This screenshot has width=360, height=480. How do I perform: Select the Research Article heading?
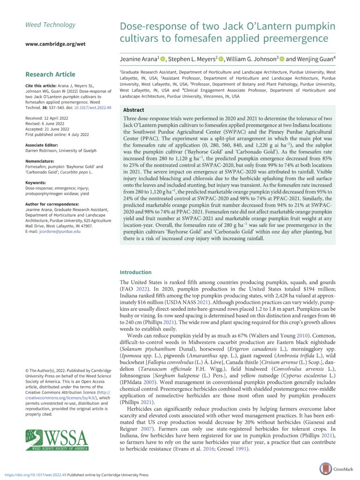pyautogui.click(x=50, y=74)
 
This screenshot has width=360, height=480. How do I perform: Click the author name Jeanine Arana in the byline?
pyautogui.click(x=140, y=59)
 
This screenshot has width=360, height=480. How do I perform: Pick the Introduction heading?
pyautogui.click(x=136, y=272)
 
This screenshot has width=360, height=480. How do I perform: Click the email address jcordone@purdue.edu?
pyautogui.click(x=53, y=231)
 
